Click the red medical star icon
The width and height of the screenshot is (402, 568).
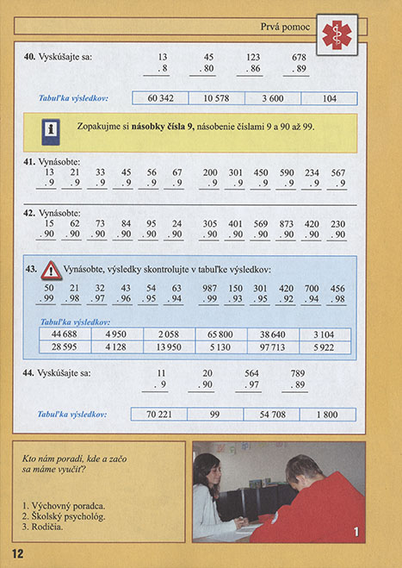337,33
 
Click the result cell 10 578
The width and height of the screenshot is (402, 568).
216,98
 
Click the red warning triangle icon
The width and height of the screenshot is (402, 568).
50,270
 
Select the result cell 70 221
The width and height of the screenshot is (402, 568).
159,415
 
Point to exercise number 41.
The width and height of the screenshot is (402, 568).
29,161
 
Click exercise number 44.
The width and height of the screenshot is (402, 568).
29,374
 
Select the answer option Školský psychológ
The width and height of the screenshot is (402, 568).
64,515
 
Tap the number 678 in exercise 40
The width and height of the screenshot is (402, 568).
300,58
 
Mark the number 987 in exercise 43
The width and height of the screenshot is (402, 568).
210,288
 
